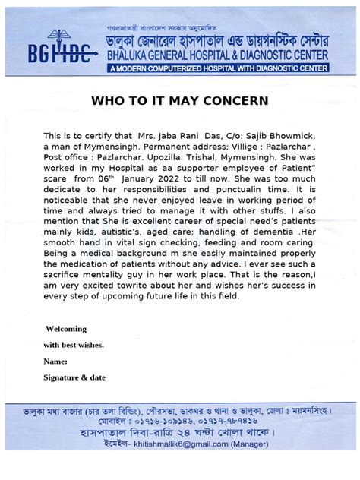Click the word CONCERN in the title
(x=236, y=100)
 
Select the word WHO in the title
(x=108, y=100)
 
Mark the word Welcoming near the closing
(x=66, y=329)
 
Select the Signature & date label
(x=74, y=377)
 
